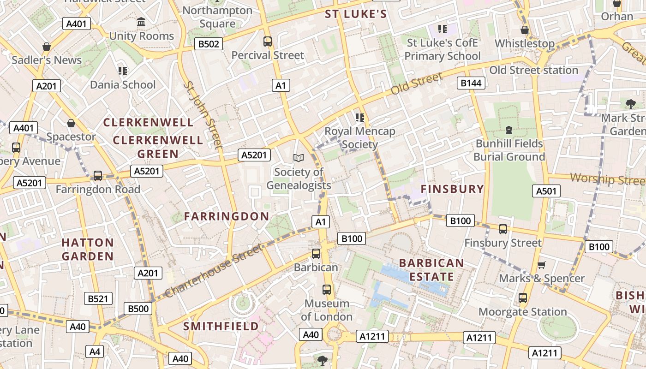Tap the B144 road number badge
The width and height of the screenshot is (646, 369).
tap(471, 83)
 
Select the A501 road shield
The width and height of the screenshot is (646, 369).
tap(546, 191)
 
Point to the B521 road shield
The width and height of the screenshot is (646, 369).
tap(98, 298)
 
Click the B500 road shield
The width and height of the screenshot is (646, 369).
tap(138, 309)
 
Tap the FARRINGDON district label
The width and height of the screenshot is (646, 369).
tap(227, 216)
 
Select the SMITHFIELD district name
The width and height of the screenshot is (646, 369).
tap(221, 326)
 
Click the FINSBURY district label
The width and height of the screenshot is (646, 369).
tap(452, 189)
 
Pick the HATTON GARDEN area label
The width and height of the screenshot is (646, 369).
tap(88, 249)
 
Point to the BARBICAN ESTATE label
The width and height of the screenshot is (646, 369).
tap(431, 270)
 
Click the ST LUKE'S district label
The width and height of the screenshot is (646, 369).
tap(356, 14)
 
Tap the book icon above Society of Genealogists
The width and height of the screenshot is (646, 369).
tap(299, 158)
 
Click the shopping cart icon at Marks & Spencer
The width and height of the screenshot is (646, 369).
tap(542, 265)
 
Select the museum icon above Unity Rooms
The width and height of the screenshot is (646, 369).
tap(141, 22)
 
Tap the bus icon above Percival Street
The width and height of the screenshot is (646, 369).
tap(268, 42)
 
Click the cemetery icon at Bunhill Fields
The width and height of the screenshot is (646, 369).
tap(509, 130)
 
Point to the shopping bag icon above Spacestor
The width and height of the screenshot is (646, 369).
tap(71, 123)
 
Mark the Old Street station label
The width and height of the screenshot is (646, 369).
tap(533, 70)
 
